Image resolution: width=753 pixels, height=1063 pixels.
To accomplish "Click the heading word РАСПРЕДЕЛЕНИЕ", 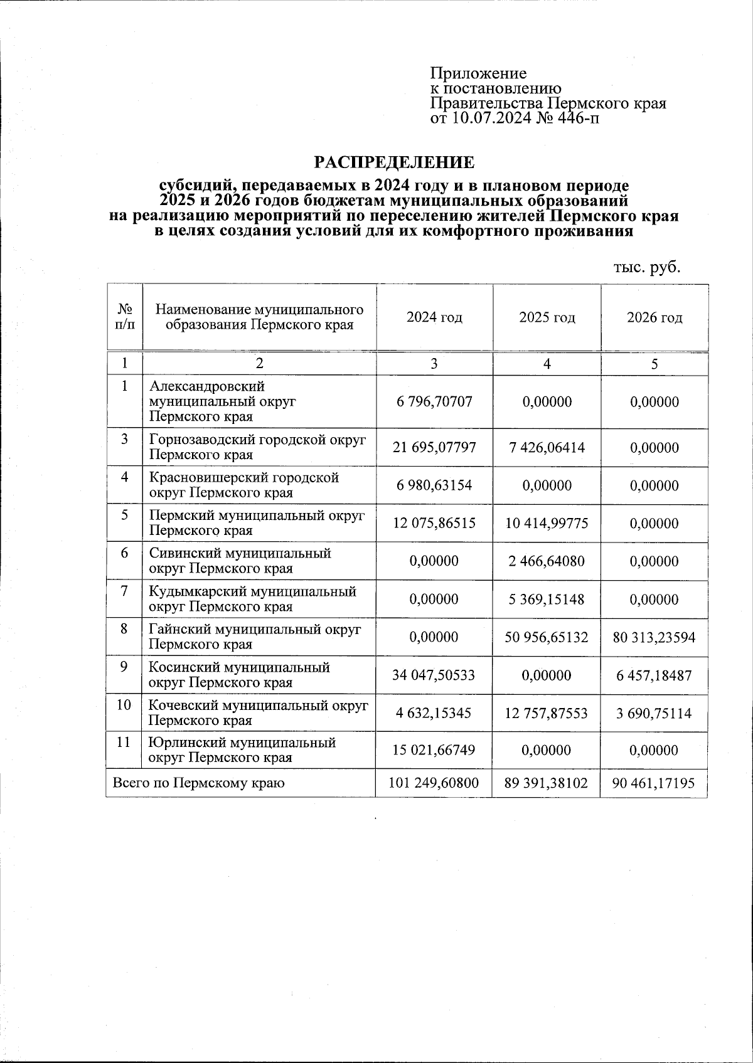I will (x=394, y=162).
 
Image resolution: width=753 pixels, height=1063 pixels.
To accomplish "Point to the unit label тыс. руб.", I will (x=646, y=267).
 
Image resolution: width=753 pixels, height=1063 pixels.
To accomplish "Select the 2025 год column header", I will (x=547, y=317).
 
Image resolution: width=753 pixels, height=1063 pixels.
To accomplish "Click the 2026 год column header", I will (x=654, y=317).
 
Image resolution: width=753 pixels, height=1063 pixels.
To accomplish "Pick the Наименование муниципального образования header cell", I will (x=259, y=317).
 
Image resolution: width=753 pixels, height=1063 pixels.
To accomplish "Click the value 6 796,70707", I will (x=434, y=402).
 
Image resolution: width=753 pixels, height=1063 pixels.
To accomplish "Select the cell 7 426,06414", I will (x=547, y=448).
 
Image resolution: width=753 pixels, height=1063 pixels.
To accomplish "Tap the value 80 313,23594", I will (x=654, y=637).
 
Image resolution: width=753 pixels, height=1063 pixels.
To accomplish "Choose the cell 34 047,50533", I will (x=434, y=675).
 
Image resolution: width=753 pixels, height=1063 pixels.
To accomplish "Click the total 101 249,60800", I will (x=434, y=783).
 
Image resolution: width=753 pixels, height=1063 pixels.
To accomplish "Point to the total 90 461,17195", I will (x=654, y=783).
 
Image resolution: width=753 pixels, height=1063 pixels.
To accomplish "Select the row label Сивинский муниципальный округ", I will (x=240, y=561).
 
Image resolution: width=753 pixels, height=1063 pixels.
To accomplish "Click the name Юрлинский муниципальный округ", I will (x=242, y=750).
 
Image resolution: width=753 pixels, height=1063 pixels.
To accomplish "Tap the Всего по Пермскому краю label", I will (x=198, y=783).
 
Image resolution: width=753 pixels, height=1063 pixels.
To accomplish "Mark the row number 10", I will (x=124, y=705).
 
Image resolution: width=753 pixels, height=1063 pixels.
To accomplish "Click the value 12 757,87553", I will (x=547, y=713).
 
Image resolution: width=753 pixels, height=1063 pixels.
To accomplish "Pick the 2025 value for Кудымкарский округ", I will (x=547, y=600).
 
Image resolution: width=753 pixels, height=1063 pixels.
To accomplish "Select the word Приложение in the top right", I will (x=478, y=73).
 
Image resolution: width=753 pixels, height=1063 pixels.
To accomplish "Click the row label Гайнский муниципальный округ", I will (x=255, y=637).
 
